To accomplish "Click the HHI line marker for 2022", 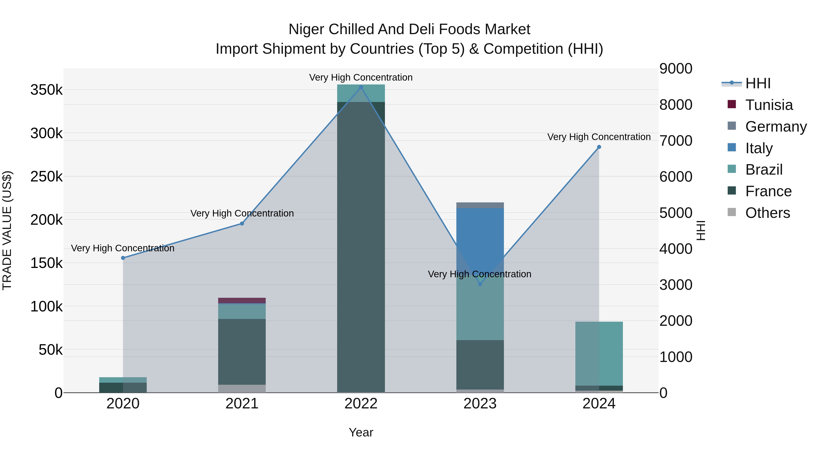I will point(361,87).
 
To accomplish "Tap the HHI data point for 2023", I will point(480,284).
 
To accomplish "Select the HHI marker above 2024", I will point(599,147).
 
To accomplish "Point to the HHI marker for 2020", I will point(123,258).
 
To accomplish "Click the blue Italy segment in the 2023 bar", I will point(480,235).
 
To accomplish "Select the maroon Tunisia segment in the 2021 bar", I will point(242,300).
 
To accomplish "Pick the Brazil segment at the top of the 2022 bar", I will point(361,93).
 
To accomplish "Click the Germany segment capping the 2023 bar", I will point(480,205).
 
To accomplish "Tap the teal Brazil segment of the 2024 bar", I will point(599,353).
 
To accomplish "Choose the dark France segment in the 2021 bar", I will point(242,351).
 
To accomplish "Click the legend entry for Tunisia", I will point(769,105).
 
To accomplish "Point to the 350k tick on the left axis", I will point(46,90).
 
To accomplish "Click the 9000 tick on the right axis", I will point(676,69).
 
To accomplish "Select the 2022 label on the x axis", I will point(361,404).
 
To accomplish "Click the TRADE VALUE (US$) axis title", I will point(7,230).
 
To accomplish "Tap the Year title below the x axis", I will point(361,432).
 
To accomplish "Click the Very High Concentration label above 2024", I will point(599,137).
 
